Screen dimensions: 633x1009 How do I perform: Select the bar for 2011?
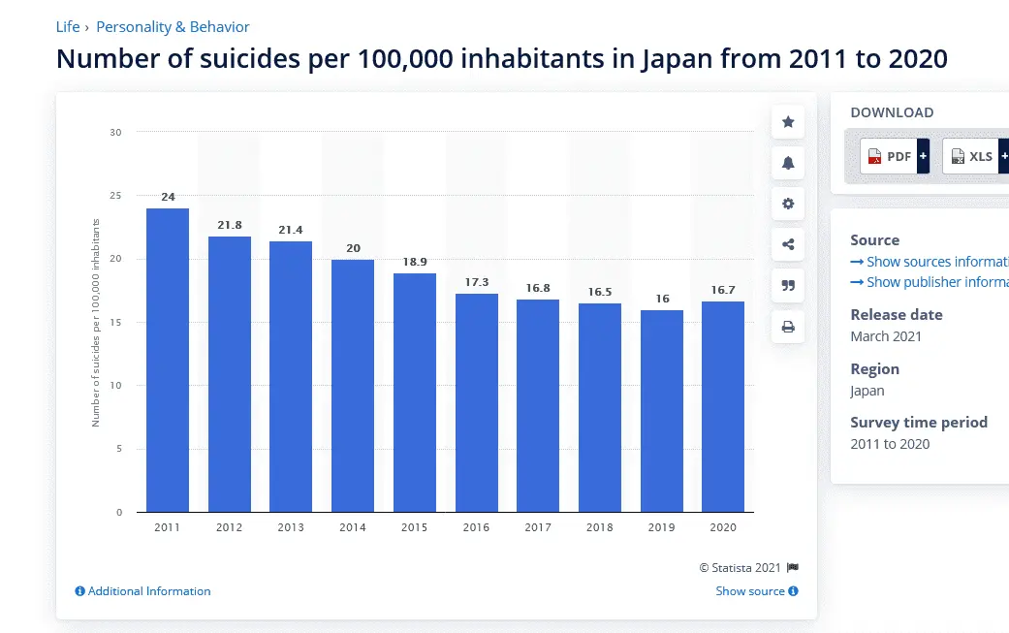click(168, 360)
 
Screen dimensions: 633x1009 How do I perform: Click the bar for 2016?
click(476, 402)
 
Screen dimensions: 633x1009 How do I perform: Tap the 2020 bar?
click(723, 406)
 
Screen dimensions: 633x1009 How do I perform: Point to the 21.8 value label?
click(230, 225)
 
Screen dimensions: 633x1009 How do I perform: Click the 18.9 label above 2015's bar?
click(415, 262)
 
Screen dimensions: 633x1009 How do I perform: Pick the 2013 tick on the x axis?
click(291, 527)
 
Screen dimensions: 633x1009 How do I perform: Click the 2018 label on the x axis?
click(599, 527)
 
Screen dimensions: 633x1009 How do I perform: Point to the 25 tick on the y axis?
click(116, 196)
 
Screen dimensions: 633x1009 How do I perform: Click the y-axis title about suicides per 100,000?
click(96, 323)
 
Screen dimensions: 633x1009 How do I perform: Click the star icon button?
click(788, 122)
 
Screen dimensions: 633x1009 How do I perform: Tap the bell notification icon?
click(788, 163)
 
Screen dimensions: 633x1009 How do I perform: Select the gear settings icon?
click(788, 204)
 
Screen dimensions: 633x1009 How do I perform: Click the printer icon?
click(788, 327)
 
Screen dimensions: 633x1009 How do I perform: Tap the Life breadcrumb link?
click(68, 27)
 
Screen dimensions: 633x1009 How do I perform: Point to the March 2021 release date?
click(886, 336)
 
